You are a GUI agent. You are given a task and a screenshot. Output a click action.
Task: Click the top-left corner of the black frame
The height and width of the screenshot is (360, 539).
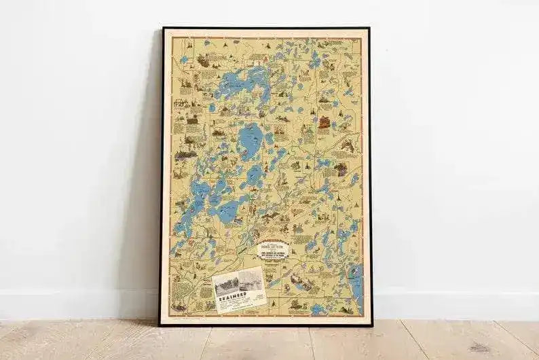pyautogui.click(x=163, y=29)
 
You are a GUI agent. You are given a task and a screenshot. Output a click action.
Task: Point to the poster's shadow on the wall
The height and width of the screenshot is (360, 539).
pyautogui.click(x=146, y=204)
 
